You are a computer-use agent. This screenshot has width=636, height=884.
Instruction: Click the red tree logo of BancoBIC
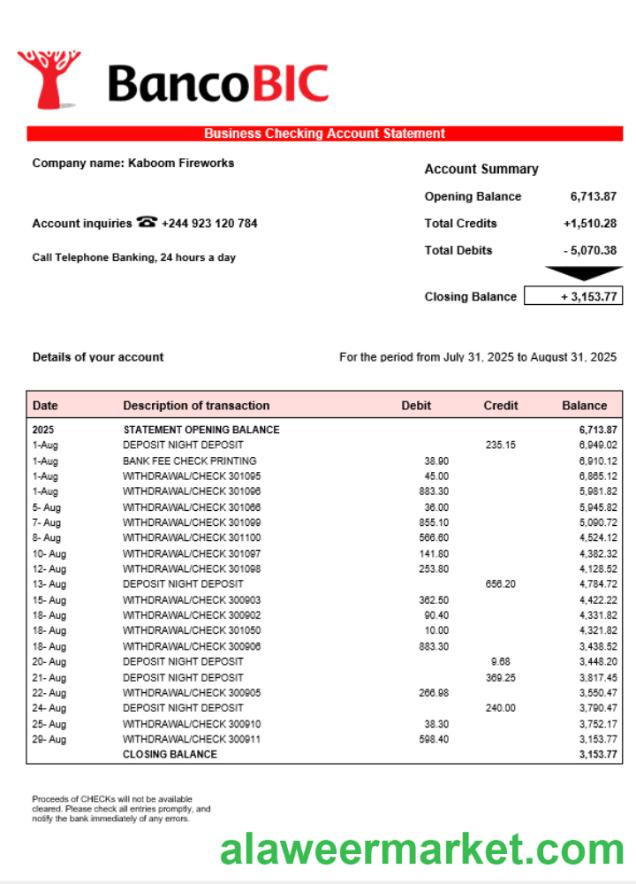(48, 78)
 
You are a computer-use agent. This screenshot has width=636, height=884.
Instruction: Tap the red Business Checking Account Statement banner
(324, 134)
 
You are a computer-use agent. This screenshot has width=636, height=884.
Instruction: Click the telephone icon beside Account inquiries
(147, 223)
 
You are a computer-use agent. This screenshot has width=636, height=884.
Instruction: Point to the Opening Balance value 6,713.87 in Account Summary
(593, 197)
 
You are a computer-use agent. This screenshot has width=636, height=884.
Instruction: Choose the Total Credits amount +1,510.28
(590, 224)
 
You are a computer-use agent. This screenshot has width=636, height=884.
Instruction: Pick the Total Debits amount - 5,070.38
(590, 251)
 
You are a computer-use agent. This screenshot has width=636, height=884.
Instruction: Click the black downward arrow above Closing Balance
(583, 273)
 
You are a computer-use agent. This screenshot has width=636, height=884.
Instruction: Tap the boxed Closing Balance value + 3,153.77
(573, 297)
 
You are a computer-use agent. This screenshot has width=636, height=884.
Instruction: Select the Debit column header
(416, 406)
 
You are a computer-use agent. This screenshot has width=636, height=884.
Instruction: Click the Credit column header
(500, 406)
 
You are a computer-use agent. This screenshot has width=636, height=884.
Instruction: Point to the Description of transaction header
(196, 406)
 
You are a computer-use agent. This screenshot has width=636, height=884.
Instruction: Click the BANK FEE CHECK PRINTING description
(189, 461)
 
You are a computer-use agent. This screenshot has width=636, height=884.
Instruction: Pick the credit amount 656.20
(500, 584)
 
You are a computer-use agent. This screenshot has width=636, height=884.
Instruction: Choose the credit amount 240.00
(500, 708)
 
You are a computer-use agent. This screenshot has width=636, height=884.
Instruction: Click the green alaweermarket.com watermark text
(423, 851)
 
